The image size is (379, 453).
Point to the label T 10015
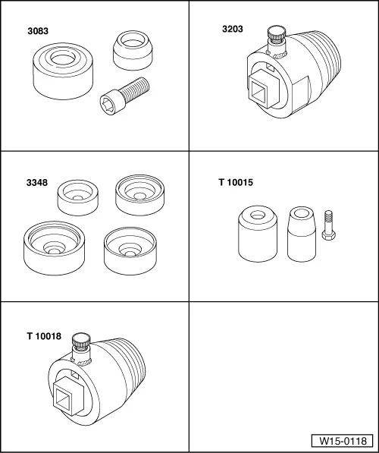(x=235, y=182)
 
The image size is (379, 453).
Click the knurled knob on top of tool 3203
(x=274, y=36)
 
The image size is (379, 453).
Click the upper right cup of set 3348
(x=139, y=195)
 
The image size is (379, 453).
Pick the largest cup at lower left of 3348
(x=55, y=249)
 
